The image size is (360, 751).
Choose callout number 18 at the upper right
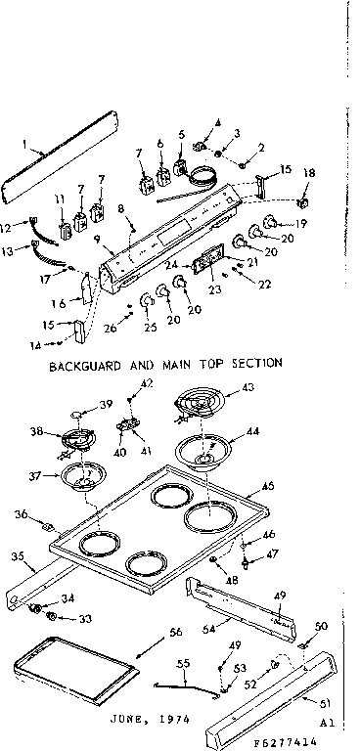tap(309, 172)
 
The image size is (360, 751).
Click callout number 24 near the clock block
tap(172, 265)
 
